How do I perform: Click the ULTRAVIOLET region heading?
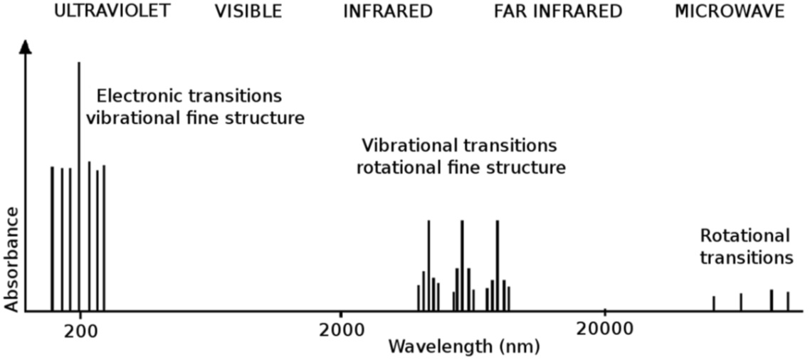(112, 11)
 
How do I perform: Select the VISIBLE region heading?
(248, 11)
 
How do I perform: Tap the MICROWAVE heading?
(730, 11)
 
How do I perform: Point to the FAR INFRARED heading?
(557, 11)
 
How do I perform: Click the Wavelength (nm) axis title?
(463, 346)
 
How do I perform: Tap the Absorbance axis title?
(11, 259)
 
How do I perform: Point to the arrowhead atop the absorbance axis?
(26, 47)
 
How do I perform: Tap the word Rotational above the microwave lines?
(745, 235)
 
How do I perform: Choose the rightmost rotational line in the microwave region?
(788, 301)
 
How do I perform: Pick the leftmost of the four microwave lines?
(714, 303)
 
